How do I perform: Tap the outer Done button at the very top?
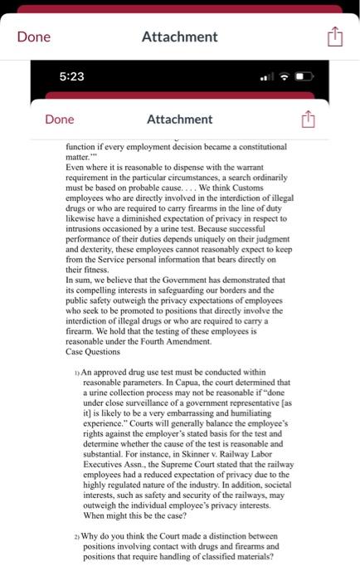34,37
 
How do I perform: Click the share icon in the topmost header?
333,37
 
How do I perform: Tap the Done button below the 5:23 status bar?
60,120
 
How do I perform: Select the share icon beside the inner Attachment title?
305,120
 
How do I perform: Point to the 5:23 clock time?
72,76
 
